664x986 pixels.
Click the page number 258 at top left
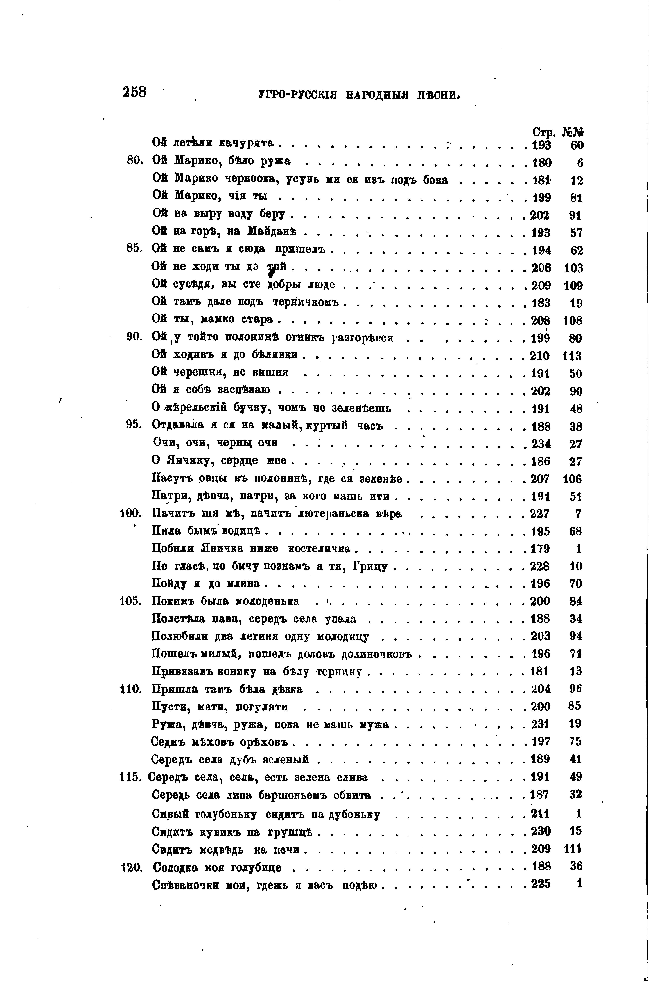134,92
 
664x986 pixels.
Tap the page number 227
540,514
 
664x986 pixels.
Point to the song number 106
573,479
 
